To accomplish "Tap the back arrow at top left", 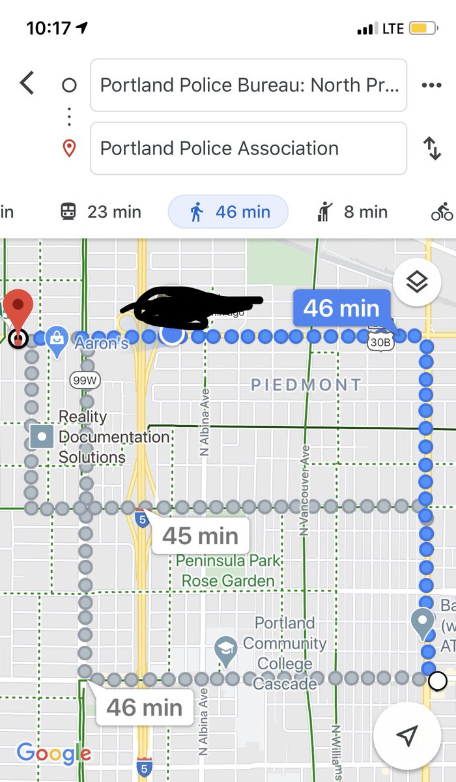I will tap(27, 84).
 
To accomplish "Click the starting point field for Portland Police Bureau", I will tap(248, 85).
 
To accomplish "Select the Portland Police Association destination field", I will tap(248, 149).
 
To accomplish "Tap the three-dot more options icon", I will tap(431, 85).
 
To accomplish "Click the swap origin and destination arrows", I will tap(432, 149).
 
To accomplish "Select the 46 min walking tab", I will tap(228, 212).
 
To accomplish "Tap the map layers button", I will tap(417, 283).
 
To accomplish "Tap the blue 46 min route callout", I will tap(341, 308).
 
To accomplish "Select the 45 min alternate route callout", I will tap(200, 536).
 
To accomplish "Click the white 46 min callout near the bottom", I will tap(144, 707).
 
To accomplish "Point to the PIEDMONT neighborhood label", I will tap(306, 384).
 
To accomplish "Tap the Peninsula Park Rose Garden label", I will tap(228, 570).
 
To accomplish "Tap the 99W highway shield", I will tap(85, 380).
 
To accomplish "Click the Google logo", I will tap(54, 753).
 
